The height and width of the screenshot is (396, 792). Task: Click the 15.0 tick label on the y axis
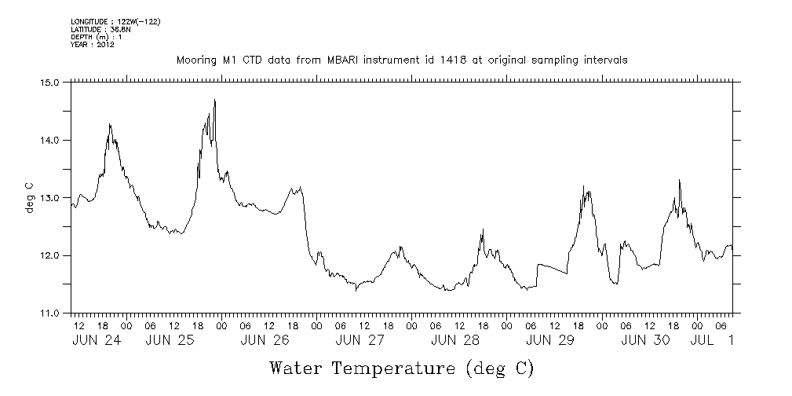(50, 82)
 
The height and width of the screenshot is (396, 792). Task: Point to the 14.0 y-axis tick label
(50, 140)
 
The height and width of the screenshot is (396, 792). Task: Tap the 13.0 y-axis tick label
(50, 197)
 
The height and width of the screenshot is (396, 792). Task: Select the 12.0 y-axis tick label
(50, 255)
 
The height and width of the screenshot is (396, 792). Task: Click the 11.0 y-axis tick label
(50, 313)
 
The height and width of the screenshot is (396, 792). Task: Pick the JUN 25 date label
(169, 340)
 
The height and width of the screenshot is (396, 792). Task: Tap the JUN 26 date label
(265, 340)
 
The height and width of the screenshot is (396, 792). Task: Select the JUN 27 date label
(360, 340)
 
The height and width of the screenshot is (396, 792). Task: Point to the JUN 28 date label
(455, 340)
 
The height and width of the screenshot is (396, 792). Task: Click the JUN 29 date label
(550, 340)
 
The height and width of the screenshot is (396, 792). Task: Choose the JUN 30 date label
(645, 340)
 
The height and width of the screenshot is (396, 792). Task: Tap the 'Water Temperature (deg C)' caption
(402, 368)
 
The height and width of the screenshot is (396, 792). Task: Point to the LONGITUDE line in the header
(115, 21)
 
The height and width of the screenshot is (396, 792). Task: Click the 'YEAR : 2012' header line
(93, 45)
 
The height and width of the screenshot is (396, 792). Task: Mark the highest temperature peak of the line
(214, 100)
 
